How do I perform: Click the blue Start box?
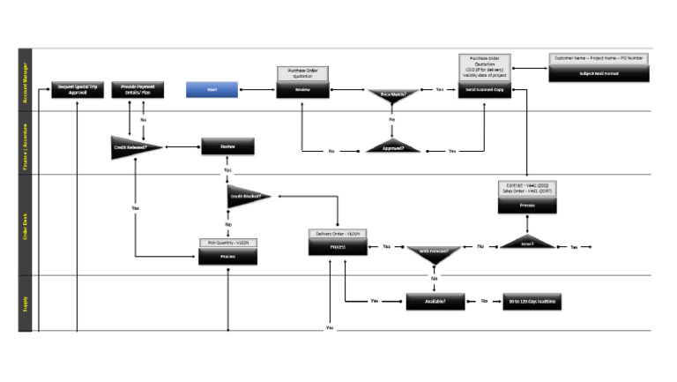point(212,89)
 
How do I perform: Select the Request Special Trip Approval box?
point(78,89)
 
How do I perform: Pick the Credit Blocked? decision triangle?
point(247,197)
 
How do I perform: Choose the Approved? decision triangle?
point(392,147)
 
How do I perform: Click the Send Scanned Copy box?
point(484,89)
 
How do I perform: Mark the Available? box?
point(435,301)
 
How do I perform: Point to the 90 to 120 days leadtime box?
point(532,301)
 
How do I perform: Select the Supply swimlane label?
point(26,303)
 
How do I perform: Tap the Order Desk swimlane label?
point(26,224)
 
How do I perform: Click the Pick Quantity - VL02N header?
point(228,241)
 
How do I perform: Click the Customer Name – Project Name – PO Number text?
point(599,58)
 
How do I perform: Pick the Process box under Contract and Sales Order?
point(526,205)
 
